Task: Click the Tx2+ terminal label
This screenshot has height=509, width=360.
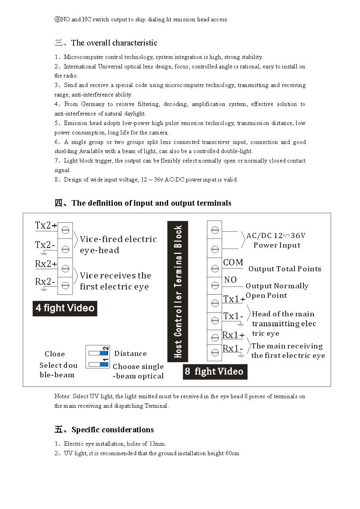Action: pos(45,226)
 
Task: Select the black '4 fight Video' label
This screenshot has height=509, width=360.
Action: pos(65,308)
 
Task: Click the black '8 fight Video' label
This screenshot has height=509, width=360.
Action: pos(215,372)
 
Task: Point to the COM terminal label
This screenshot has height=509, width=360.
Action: pos(233,263)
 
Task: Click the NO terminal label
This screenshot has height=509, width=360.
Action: pos(230,280)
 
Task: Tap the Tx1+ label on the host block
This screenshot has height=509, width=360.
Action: pos(234,299)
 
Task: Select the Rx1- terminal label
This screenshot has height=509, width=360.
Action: pos(233,349)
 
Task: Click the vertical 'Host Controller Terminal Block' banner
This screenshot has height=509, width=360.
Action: pos(178,291)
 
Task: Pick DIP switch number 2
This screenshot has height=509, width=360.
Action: pos(97,351)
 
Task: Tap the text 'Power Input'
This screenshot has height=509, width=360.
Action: pos(277,245)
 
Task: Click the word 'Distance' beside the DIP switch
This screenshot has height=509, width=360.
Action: pos(130,354)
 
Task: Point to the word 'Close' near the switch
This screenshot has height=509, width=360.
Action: pos(55,354)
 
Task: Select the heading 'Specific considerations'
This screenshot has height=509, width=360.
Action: pos(112,430)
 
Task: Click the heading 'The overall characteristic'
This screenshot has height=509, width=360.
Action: pos(114,43)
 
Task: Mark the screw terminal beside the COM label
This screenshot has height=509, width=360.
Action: pos(215,269)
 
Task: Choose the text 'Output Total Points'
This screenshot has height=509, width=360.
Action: pos(284,269)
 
